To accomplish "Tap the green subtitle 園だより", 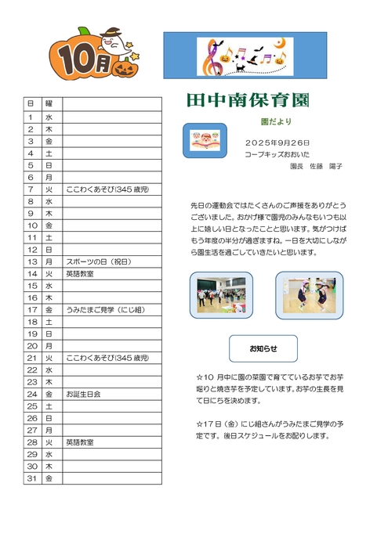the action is click(276, 121).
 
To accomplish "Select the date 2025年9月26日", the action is click(277, 143).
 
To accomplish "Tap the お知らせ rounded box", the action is click(263, 348).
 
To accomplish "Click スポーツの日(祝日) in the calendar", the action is click(99, 261).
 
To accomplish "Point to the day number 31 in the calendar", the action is click(32, 478).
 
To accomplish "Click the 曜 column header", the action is click(49, 103).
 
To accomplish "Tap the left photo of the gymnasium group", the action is click(221, 295).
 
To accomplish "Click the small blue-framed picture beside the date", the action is click(209, 139).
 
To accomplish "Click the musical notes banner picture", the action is click(245, 56).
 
